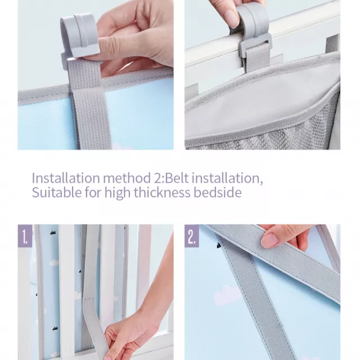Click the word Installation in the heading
click(66, 178)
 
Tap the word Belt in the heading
click(177, 178)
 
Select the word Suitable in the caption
click(56, 192)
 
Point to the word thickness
click(162, 192)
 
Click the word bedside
click(218, 192)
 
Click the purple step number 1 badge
click(25, 236)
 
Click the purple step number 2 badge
click(192, 236)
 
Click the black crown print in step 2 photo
click(219, 246)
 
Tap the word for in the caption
click(93, 192)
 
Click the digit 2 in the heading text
click(157, 178)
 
